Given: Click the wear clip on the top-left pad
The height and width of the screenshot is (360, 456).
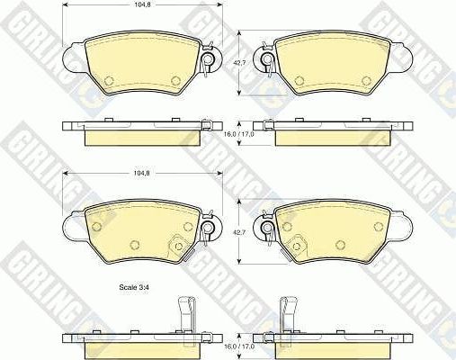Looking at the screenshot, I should pyautogui.click(x=208, y=58).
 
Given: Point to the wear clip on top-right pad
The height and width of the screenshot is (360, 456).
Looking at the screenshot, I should pyautogui.click(x=268, y=58).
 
